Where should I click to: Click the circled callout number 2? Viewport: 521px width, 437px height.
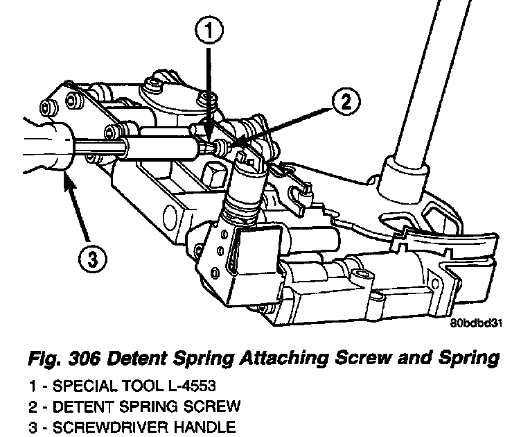344,103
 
